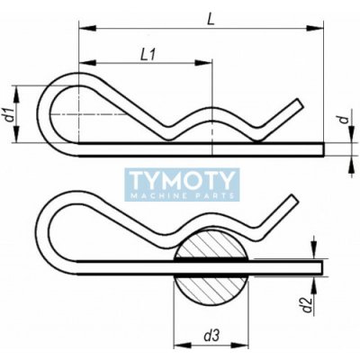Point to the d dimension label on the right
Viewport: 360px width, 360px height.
tap(346, 119)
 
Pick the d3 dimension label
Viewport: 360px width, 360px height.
tap(211, 336)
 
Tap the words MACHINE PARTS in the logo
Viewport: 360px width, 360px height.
tap(182, 196)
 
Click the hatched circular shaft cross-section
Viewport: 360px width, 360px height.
tap(211, 266)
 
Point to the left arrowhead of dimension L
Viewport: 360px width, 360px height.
tap(87, 28)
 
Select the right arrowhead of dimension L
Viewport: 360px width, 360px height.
tap(315, 28)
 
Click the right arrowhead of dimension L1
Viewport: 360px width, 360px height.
tap(203, 63)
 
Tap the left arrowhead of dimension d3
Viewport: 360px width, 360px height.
tap(183, 346)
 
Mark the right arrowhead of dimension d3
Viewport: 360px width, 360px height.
tap(240, 346)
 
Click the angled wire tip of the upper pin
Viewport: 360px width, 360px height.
tap(299, 103)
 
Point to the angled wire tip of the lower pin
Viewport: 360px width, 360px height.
tap(293, 200)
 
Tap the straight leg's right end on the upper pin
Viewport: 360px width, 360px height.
tap(323, 149)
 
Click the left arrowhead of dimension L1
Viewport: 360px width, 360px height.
tap(87, 63)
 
